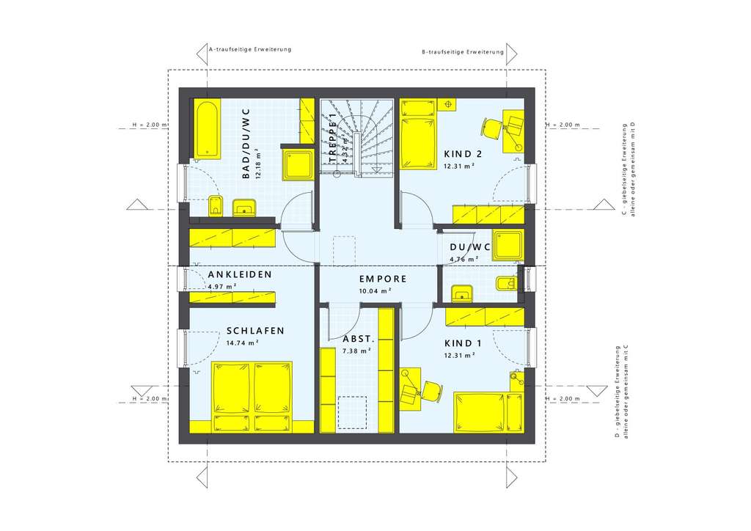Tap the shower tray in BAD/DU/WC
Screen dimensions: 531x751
point(299,164)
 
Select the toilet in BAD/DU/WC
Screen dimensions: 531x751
point(216,206)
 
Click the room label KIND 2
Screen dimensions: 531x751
point(463,154)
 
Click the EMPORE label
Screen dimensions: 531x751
point(382,279)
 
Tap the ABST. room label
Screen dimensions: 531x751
point(359,340)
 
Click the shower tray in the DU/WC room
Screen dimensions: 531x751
point(507,245)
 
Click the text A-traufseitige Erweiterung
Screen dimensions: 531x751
point(250,49)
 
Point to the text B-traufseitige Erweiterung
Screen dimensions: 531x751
point(463,52)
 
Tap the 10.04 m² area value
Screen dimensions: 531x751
point(374,290)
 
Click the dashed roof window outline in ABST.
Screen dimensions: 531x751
point(353,412)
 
